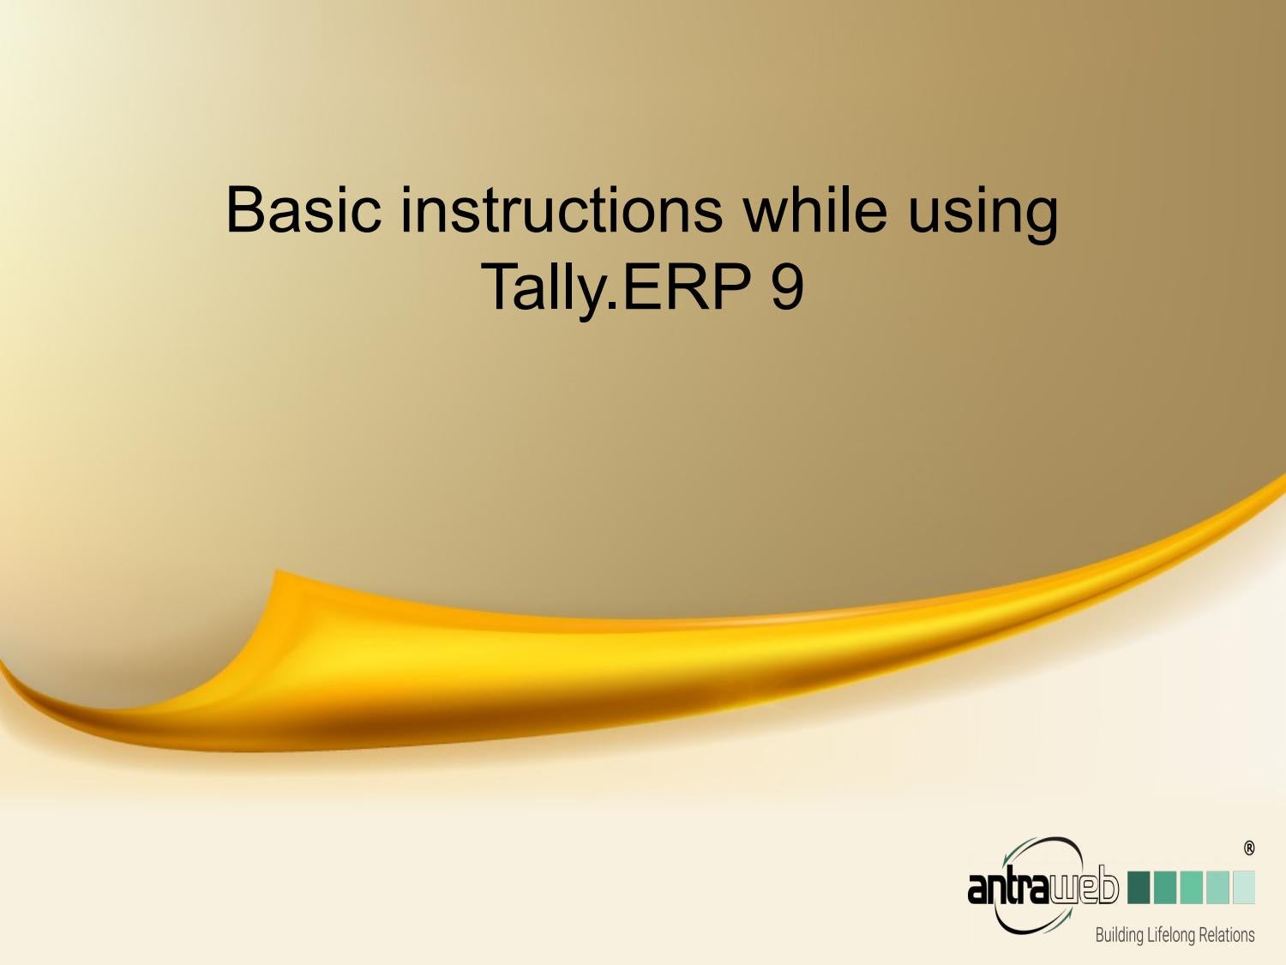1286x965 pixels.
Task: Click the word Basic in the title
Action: (x=303, y=210)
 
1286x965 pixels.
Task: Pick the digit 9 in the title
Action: (x=787, y=286)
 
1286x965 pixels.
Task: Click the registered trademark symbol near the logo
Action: (x=1248, y=848)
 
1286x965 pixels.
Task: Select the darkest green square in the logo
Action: (x=1139, y=887)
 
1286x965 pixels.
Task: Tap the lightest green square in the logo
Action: (x=1243, y=887)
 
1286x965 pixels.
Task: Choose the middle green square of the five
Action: (x=1191, y=887)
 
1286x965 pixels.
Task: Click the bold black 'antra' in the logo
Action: (x=1007, y=887)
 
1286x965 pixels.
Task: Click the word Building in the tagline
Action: (x=1119, y=935)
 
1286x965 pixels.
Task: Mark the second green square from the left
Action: (x=1165, y=887)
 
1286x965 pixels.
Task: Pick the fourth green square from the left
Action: (x=1217, y=887)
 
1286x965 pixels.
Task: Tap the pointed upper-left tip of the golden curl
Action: (x=276, y=570)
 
